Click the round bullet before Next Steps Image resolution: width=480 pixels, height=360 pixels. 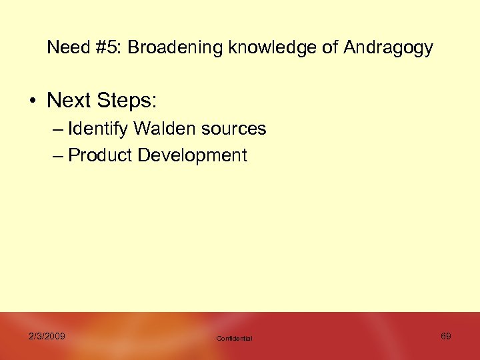point(32,101)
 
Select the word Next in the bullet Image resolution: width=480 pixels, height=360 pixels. point(69,101)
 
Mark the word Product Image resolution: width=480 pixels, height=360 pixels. point(100,156)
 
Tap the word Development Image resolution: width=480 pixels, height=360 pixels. point(192,156)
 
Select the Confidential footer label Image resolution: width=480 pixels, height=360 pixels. point(235,339)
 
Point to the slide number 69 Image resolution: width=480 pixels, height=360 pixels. point(445,336)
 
